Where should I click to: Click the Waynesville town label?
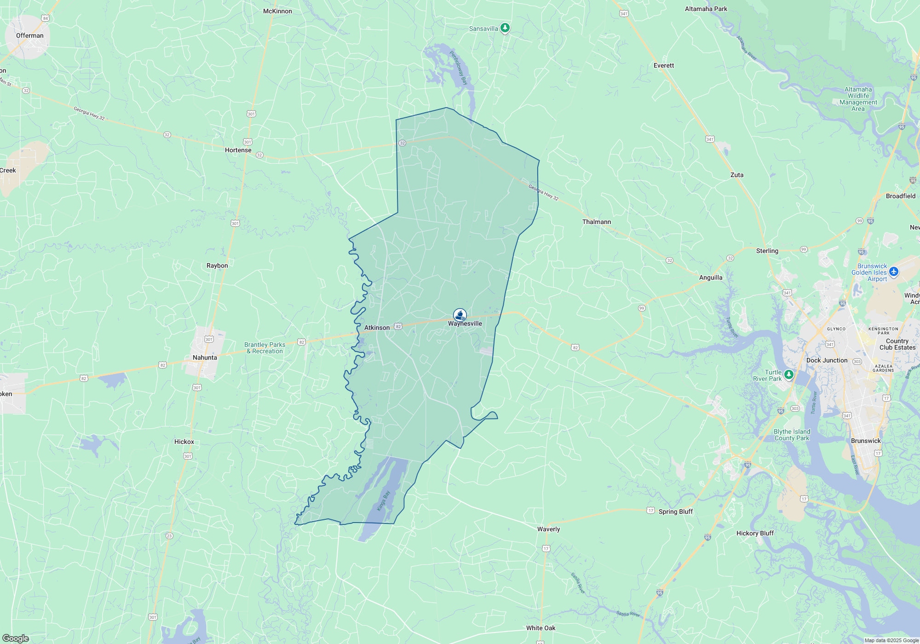click(465, 324)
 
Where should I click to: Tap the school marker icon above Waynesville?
click(460, 315)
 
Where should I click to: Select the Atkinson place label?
click(377, 328)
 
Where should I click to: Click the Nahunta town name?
click(205, 357)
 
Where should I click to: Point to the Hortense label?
click(238, 150)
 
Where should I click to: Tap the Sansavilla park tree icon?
click(505, 28)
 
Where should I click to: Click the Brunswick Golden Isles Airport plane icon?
click(894, 272)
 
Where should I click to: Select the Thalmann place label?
click(597, 222)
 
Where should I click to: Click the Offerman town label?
click(30, 35)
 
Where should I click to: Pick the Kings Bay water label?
click(383, 500)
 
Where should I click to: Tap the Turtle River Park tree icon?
click(789, 374)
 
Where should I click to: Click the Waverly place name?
click(548, 529)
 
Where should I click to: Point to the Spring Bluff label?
click(675, 512)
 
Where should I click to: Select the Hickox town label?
click(184, 442)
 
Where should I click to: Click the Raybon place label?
click(217, 265)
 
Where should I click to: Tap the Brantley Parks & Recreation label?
click(264, 348)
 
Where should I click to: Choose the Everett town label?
click(663, 65)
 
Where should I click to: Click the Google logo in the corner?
click(16, 638)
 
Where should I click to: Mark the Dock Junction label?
click(827, 360)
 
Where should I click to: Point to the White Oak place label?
click(540, 628)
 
